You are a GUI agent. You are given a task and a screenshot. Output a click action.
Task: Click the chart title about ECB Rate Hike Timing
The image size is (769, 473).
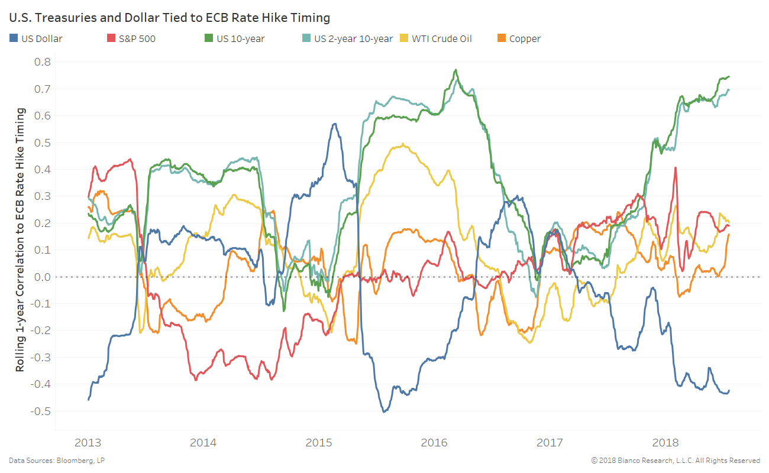point(169,18)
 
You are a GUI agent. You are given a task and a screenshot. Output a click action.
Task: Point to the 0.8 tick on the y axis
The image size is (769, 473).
point(43,62)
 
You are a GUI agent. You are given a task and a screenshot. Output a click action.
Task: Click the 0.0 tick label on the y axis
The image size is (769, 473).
point(43,277)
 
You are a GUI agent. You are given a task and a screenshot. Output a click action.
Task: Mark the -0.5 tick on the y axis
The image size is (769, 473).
point(41,411)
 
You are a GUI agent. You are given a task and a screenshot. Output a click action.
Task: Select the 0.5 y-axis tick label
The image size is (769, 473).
point(43,142)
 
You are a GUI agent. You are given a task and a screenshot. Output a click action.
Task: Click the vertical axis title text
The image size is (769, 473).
point(21,239)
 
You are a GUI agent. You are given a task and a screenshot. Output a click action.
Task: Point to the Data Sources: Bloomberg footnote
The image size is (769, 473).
point(57,460)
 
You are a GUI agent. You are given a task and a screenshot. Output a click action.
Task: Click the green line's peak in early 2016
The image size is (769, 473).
point(455,70)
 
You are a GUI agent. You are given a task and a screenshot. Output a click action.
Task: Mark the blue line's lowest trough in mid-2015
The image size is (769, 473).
point(384,411)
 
